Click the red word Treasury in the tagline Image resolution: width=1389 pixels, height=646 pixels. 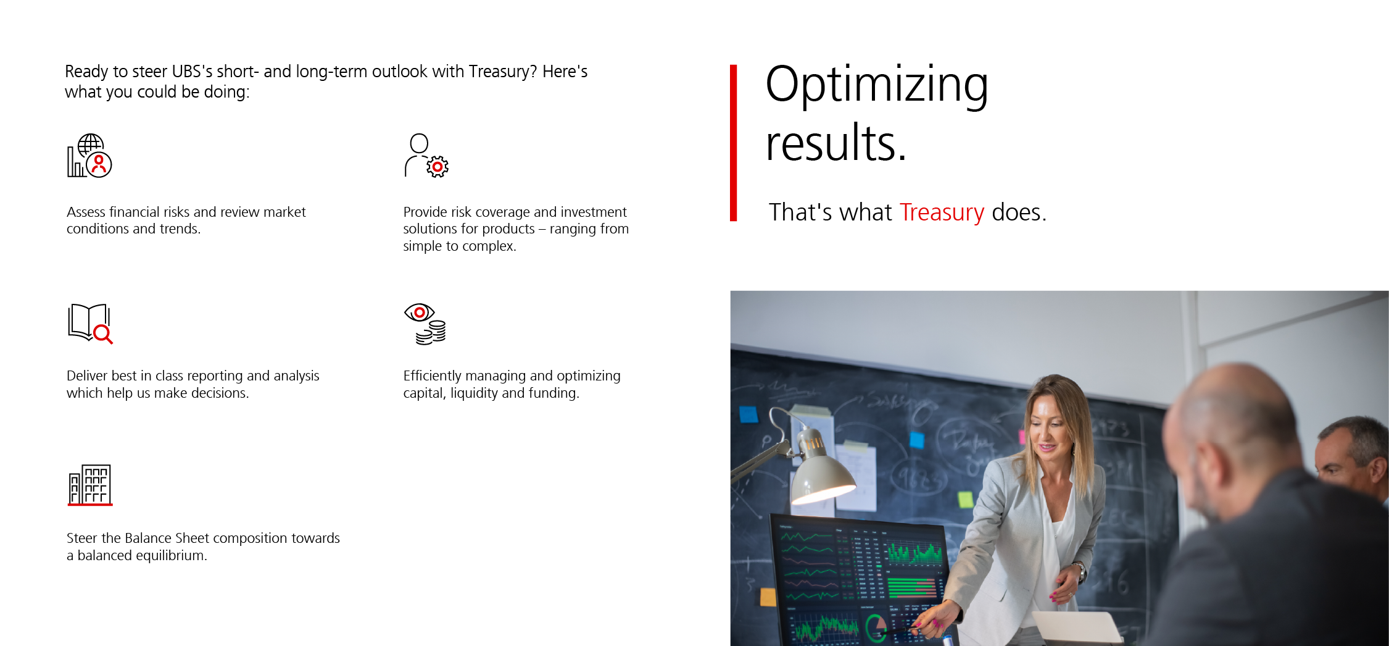(x=942, y=212)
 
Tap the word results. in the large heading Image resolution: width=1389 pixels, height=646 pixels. (x=836, y=143)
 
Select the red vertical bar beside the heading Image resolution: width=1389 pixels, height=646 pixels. (x=733, y=143)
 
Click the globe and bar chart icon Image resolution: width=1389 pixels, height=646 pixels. (x=89, y=156)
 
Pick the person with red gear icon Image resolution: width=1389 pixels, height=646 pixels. (x=426, y=156)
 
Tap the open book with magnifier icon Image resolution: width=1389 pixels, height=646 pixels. (x=90, y=324)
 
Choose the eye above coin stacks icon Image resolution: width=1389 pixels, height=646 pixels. (x=425, y=324)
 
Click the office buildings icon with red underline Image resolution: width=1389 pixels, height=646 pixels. (x=90, y=485)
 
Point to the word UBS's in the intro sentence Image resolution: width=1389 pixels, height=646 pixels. (x=192, y=72)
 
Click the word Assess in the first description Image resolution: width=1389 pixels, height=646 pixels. (x=86, y=212)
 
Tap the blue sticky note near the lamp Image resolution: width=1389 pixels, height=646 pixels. (x=748, y=414)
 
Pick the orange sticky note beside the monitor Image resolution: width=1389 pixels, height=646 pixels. (x=768, y=597)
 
